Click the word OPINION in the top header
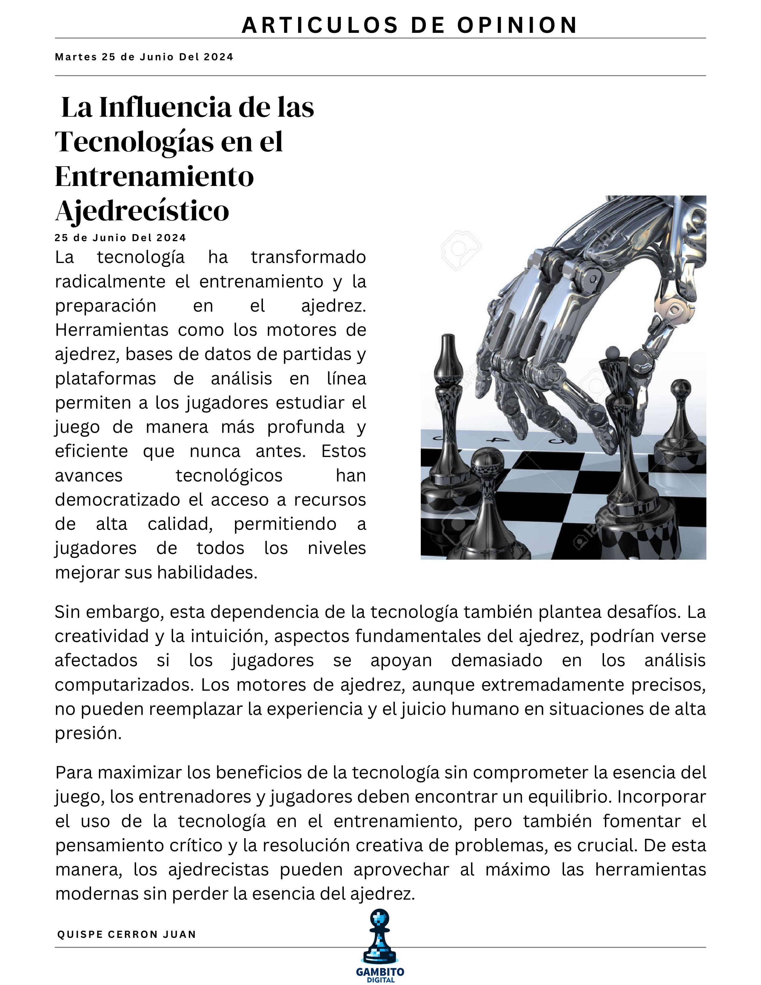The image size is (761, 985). click(517, 25)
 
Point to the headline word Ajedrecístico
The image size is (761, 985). click(142, 211)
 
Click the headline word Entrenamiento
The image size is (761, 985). click(154, 176)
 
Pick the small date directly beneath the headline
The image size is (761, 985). click(120, 238)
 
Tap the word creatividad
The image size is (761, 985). click(102, 636)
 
